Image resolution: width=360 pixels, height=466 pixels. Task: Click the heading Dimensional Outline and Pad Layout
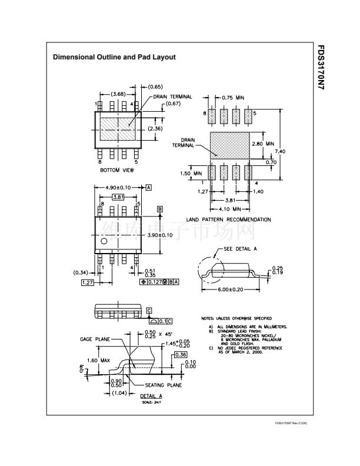coord(114,58)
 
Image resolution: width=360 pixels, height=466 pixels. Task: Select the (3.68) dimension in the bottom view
coord(118,94)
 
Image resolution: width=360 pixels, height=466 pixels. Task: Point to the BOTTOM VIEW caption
coord(117,170)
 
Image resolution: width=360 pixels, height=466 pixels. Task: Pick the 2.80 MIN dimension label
coord(262,144)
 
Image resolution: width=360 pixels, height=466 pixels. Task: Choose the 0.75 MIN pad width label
coord(233,98)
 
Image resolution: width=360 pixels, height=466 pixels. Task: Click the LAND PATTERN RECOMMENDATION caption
coord(228,219)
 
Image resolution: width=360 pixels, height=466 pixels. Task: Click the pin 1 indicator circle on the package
coord(104,241)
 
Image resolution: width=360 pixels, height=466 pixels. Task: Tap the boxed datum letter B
coord(159,209)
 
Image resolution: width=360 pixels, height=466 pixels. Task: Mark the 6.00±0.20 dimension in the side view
coord(229,289)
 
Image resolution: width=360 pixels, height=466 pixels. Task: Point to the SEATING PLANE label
coord(162,385)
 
